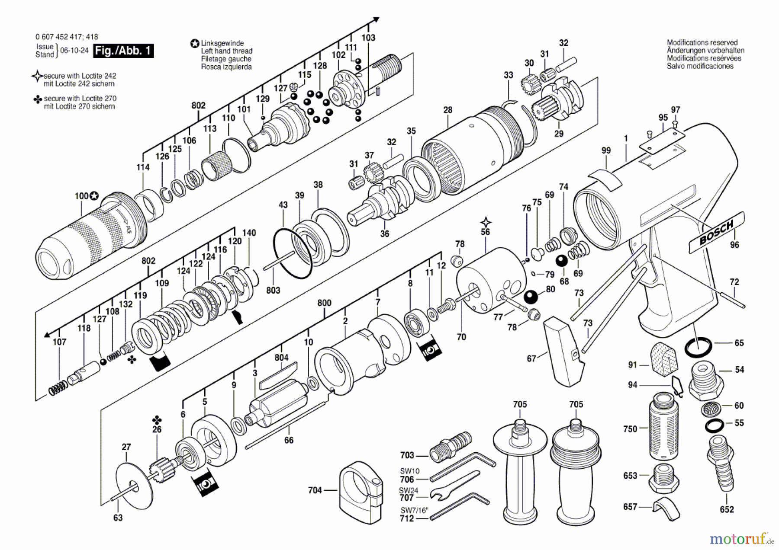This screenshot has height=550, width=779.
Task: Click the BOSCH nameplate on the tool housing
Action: [717, 232]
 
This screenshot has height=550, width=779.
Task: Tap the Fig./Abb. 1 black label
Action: [123, 51]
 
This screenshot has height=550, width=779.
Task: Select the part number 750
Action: [630, 429]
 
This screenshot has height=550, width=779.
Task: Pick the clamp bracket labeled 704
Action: [361, 492]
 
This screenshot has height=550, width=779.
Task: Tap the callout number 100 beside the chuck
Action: [81, 196]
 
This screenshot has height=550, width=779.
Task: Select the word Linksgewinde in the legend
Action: [222, 43]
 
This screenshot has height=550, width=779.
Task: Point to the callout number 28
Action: [447, 110]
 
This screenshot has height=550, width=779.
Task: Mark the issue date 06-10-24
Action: [74, 50]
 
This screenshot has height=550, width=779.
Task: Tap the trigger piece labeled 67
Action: [562, 351]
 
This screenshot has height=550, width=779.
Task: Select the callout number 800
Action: [324, 303]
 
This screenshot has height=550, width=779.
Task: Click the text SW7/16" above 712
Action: [414, 511]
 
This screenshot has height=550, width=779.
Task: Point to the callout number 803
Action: [273, 290]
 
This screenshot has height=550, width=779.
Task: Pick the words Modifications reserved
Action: [702, 42]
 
